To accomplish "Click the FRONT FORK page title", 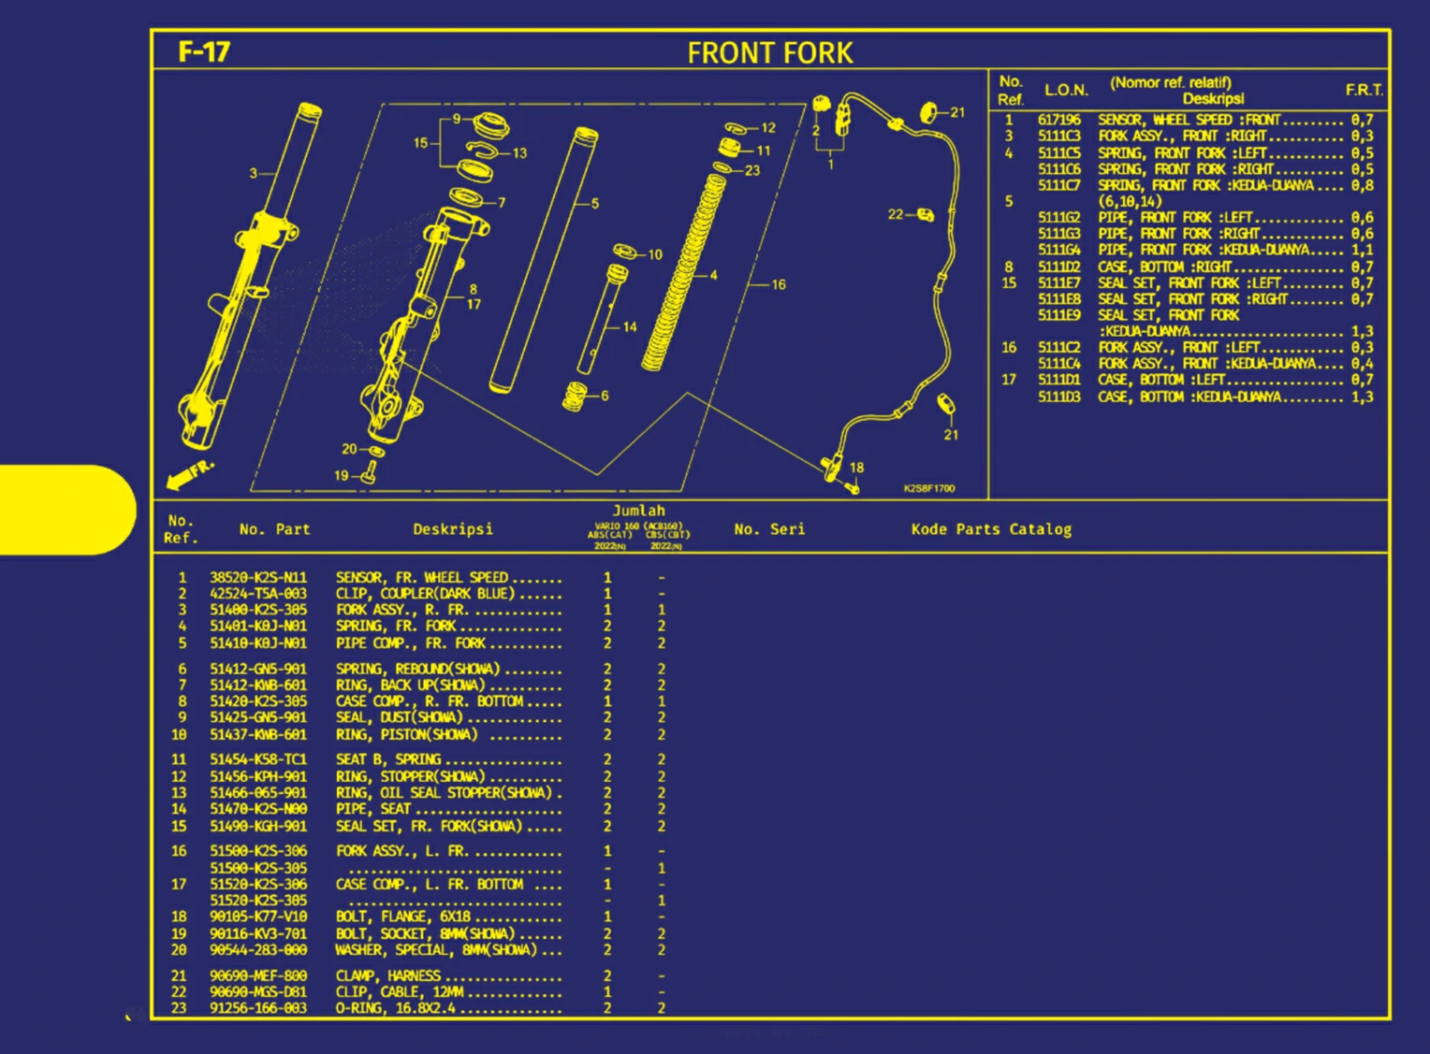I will point(769,52).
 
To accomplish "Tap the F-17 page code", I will point(204,51).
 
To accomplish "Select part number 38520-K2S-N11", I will point(258,578).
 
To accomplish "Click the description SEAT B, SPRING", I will point(388,759).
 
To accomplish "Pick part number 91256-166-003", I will point(258,1008).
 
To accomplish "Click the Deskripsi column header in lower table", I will point(453,529).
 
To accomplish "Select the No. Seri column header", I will point(769,529).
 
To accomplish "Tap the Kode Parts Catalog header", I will point(991,529).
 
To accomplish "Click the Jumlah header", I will point(638,511).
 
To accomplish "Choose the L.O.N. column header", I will point(1066,90).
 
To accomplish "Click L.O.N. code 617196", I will point(1058,120).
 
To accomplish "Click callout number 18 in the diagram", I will point(856,468).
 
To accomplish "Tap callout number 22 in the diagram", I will point(895,214).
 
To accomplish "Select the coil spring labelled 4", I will point(683,271).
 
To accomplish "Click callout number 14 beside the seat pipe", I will point(630,326).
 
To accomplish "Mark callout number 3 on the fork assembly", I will point(253,173).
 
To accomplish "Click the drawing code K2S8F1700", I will point(929,488).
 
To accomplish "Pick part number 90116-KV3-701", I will point(258,933).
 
